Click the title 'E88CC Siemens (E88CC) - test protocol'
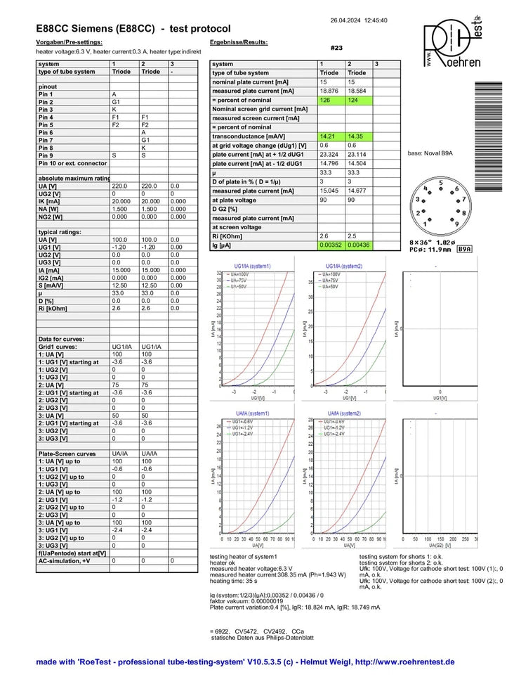pos(133,29)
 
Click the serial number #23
pos(336,48)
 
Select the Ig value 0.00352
pos(331,245)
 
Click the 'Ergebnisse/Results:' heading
pos(239,43)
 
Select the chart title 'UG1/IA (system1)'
pos(251,266)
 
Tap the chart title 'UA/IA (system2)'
pos(343,413)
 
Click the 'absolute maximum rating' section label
pos(72,178)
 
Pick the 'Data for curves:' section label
pos(61,339)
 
